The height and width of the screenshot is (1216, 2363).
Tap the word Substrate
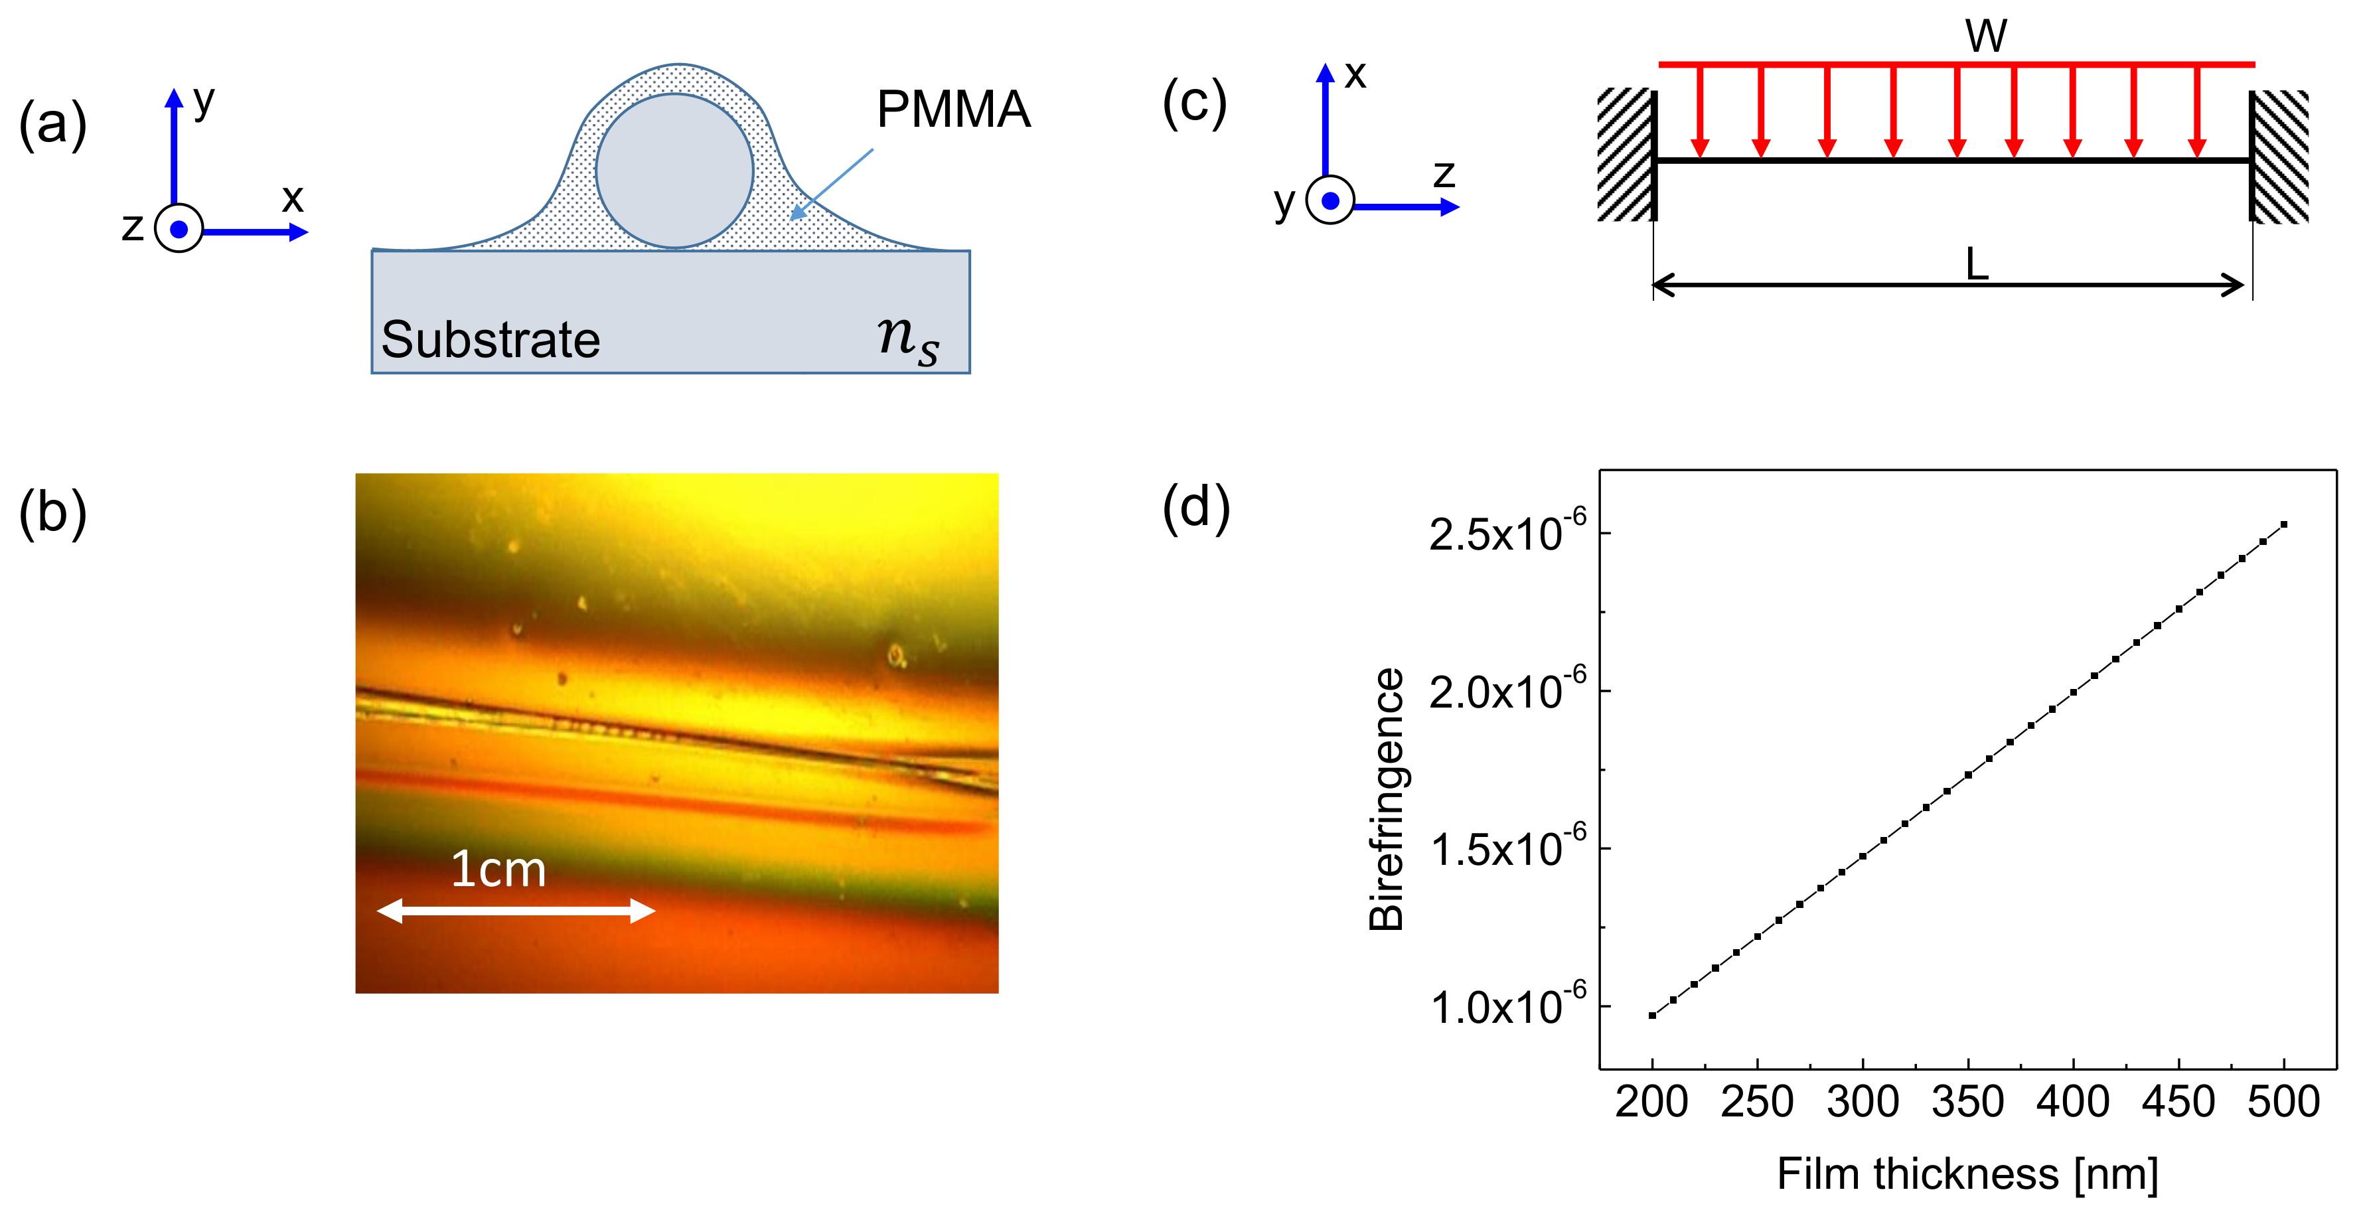pyautogui.click(x=491, y=341)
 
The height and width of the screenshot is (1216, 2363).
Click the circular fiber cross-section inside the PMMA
pyautogui.click(x=674, y=171)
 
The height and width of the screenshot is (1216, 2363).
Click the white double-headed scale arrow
pyautogui.click(x=516, y=911)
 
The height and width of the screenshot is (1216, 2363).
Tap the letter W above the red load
pyautogui.click(x=1986, y=37)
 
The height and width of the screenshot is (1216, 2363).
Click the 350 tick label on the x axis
pyautogui.click(x=1967, y=1101)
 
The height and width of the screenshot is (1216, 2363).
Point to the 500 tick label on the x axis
pyautogui.click(x=2283, y=1101)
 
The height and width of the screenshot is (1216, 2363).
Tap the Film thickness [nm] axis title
pyautogui.click(x=1967, y=1174)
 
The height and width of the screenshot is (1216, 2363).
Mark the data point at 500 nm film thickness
pyautogui.click(x=2284, y=524)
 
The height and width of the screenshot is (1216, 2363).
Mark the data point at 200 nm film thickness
pyautogui.click(x=1652, y=1015)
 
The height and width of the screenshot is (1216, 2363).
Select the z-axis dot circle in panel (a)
pyautogui.click(x=179, y=229)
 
